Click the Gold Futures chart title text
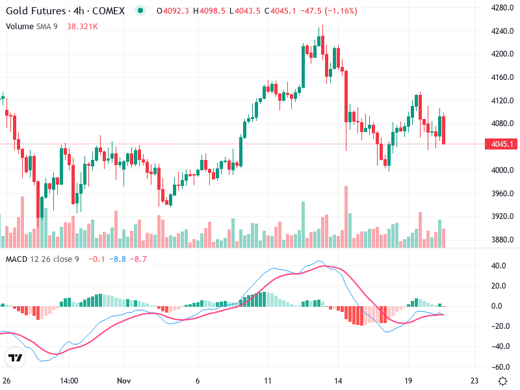(65, 11)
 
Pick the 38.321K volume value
(83, 26)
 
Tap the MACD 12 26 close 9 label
(42, 260)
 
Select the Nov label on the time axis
(124, 380)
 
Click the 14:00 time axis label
(69, 380)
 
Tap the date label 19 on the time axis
(408, 380)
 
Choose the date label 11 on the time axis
(267, 380)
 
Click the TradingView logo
(16, 357)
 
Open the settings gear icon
(502, 380)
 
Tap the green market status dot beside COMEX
(140, 11)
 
